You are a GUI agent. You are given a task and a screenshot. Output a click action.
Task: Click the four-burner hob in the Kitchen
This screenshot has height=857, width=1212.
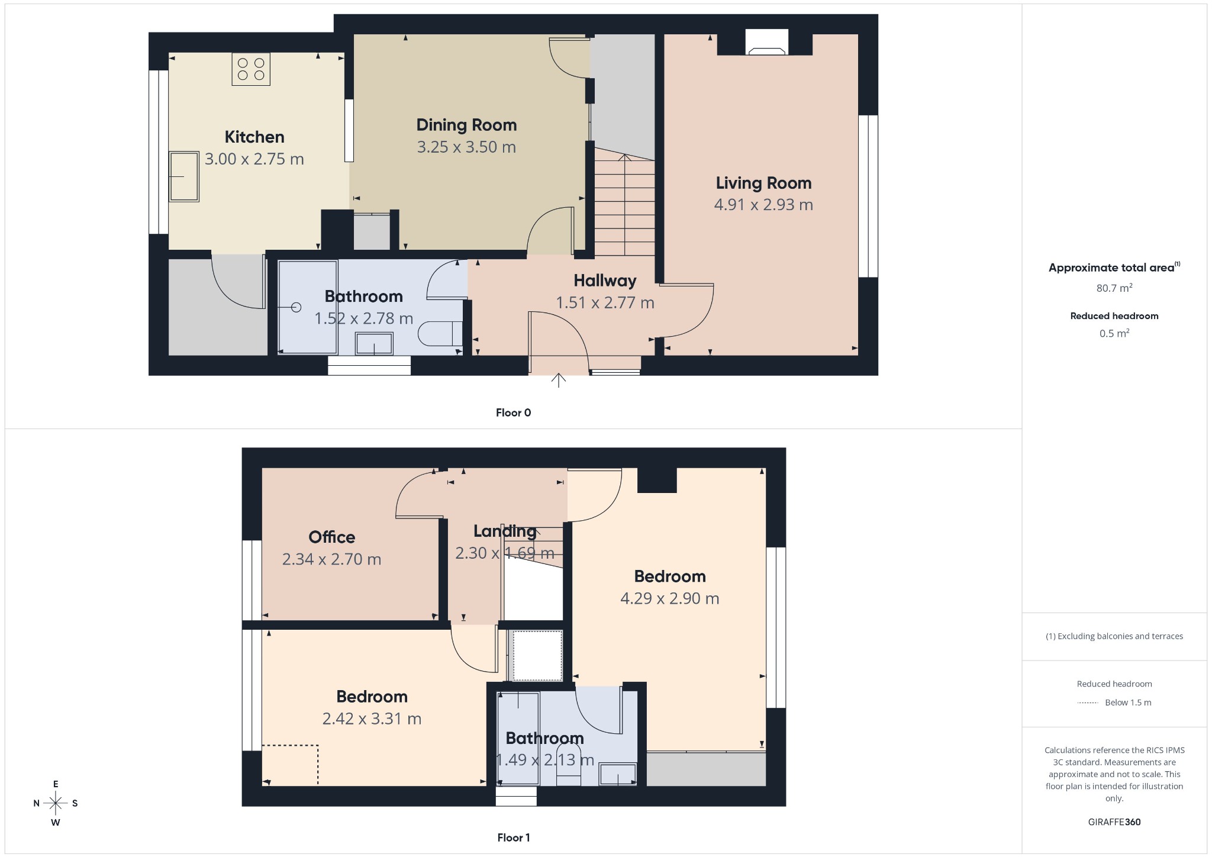click(251, 69)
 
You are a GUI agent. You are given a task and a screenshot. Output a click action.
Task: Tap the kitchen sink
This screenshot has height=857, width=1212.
click(183, 176)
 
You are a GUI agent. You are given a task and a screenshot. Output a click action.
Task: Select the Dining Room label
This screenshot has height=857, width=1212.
click(466, 125)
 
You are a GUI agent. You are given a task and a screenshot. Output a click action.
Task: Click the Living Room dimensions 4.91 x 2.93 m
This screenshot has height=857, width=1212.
click(763, 205)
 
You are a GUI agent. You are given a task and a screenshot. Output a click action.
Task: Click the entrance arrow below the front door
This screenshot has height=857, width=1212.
click(558, 380)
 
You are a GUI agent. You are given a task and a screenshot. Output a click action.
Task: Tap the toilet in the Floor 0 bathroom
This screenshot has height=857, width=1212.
click(440, 334)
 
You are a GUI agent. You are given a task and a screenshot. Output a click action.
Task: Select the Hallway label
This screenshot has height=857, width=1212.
click(605, 281)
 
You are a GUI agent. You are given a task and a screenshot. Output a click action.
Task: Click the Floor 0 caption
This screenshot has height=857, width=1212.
click(513, 413)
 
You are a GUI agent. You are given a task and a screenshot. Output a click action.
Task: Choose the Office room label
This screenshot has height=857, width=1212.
click(331, 537)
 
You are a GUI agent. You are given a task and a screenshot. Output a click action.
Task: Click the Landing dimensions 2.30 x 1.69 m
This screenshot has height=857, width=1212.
click(504, 553)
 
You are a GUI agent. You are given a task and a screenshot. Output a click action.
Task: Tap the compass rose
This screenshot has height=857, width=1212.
click(56, 803)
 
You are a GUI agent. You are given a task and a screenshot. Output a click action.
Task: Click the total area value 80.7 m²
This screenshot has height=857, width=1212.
click(1114, 288)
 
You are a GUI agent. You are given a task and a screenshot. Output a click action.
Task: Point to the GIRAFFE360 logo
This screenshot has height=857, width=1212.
click(1114, 821)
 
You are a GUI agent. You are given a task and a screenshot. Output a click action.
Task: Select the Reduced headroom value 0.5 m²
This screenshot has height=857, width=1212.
click(1114, 333)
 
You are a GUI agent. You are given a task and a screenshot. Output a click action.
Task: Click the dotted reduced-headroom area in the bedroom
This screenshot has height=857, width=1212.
click(290, 765)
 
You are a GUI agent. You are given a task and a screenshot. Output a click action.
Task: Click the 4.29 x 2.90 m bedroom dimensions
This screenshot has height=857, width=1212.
click(669, 598)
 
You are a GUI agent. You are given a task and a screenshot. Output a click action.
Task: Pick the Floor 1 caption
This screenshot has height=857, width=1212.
click(513, 837)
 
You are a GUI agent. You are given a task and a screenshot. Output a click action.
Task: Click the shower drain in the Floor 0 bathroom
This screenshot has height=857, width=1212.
click(296, 307)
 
